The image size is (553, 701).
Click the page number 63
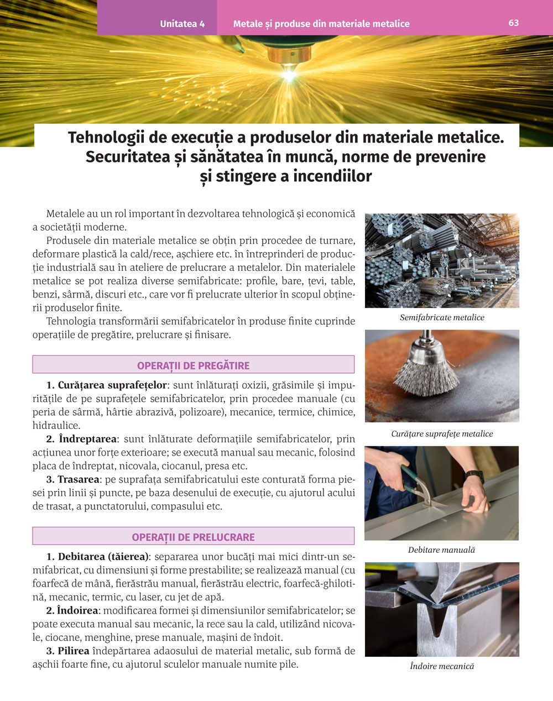513,23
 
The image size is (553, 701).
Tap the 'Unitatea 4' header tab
182,24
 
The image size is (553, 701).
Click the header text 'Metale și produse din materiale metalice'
321,24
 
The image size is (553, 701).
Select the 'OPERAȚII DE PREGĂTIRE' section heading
193,365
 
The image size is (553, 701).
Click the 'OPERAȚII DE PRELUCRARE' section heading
193,537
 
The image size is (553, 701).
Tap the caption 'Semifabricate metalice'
442,317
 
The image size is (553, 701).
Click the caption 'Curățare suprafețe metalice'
442,433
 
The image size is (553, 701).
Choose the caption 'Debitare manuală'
441,550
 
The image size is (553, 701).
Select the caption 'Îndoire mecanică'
442,666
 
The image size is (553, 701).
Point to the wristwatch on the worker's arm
474,476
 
